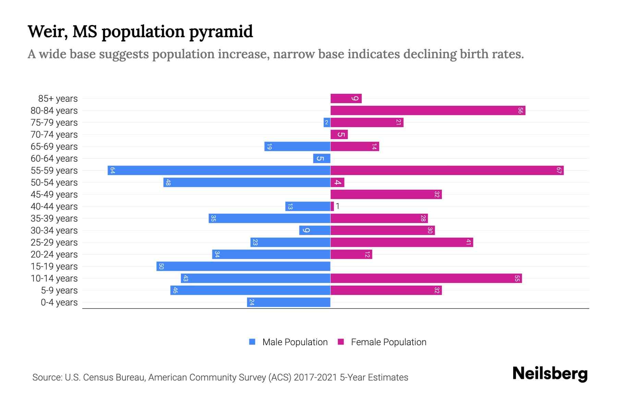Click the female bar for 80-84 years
coord(427,110)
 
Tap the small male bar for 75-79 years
coord(327,122)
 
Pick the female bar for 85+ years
coord(346,98)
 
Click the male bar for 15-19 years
coord(243,266)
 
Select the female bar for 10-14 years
coord(426,278)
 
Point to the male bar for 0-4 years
coord(288,302)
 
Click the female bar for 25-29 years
coord(401,242)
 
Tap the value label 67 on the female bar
coord(559,170)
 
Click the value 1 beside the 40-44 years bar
coord(338,206)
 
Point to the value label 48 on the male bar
coord(168,182)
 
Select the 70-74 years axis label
coord(54,135)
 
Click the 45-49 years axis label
coord(54,195)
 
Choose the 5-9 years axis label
coord(59,290)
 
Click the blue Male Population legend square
coord(252,342)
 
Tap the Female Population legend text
coord(388,342)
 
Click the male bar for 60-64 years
coord(322,158)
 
